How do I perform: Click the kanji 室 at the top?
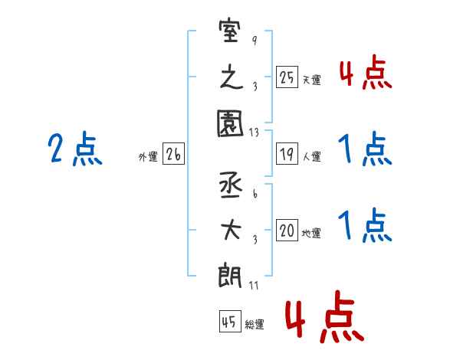click(x=230, y=31)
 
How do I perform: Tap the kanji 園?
click(x=230, y=123)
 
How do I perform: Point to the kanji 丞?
click(x=231, y=185)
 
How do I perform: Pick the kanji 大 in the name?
click(x=231, y=230)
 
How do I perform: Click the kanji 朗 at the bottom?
click(x=230, y=275)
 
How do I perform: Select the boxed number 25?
click(x=287, y=77)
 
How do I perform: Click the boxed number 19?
click(x=287, y=154)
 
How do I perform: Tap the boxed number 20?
click(x=287, y=230)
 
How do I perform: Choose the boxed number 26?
click(x=173, y=154)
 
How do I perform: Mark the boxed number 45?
click(x=230, y=321)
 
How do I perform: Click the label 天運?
click(x=312, y=80)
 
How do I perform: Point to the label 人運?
click(x=312, y=156)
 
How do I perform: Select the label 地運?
click(x=311, y=233)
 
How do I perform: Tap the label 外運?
click(x=148, y=156)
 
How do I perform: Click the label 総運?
click(x=255, y=324)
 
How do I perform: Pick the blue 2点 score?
click(x=75, y=149)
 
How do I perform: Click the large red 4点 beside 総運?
click(x=324, y=316)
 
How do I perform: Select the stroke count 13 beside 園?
click(x=254, y=133)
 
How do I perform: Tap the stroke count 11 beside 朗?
click(x=254, y=286)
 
